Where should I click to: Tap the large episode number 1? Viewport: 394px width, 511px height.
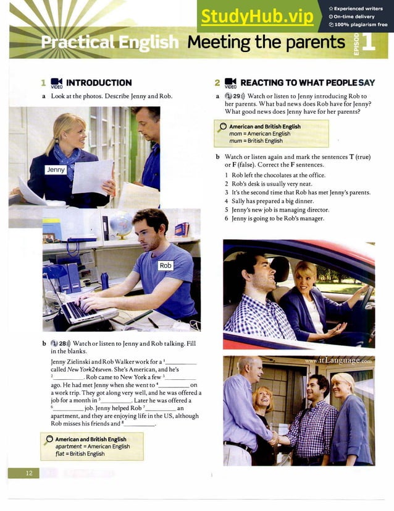click(x=369, y=43)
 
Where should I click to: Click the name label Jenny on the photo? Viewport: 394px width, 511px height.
click(x=56, y=169)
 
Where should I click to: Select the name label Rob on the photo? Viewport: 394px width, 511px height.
click(x=166, y=265)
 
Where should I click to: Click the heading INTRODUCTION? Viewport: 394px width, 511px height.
click(x=98, y=82)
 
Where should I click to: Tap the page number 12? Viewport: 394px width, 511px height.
click(x=28, y=473)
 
